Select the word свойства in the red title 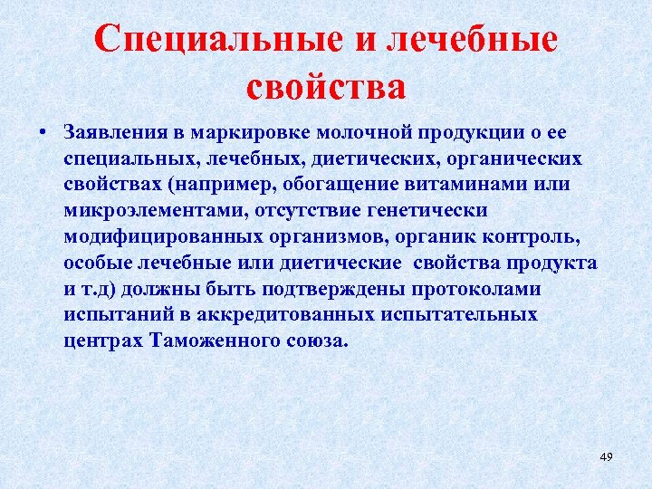(x=326, y=87)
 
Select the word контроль (x=528, y=237)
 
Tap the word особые (x=95, y=263)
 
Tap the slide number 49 (x=606, y=457)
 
